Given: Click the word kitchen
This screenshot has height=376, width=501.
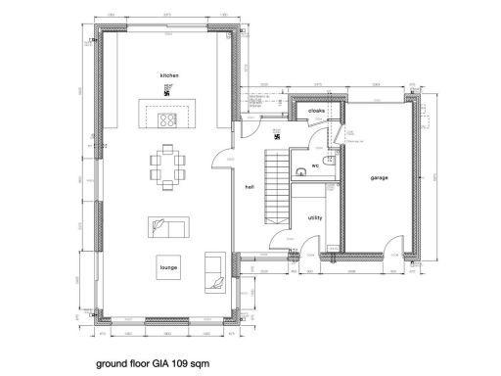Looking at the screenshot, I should [x=170, y=74].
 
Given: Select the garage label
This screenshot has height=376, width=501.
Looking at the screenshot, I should [x=380, y=178].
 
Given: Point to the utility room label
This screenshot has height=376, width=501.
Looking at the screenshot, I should [x=315, y=218].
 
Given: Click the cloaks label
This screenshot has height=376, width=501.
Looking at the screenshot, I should [x=317, y=112].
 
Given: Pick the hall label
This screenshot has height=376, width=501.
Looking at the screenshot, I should [x=250, y=187].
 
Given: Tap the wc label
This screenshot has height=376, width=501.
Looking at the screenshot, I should [x=315, y=166].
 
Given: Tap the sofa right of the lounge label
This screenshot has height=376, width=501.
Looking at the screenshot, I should [x=214, y=270].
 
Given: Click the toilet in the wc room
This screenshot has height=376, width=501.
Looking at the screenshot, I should [x=330, y=160].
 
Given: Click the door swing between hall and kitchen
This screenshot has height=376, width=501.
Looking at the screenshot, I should [x=224, y=157].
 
